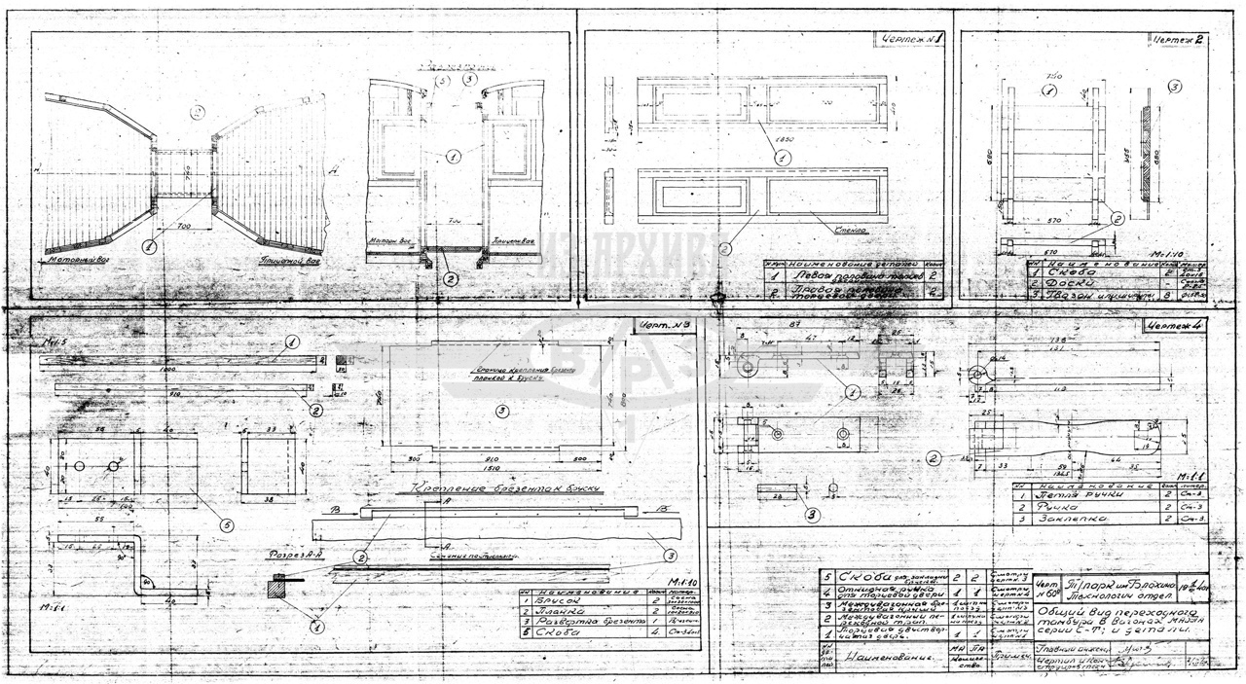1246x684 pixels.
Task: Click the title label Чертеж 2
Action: pyautogui.click(x=1177, y=41)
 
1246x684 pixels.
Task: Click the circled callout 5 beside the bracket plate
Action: pyautogui.click(x=226, y=526)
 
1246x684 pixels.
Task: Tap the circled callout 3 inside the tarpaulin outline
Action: pyautogui.click(x=501, y=412)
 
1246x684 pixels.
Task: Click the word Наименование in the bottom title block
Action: pyautogui.click(x=886, y=658)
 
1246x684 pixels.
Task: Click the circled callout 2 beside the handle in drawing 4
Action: pyautogui.click(x=934, y=456)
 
